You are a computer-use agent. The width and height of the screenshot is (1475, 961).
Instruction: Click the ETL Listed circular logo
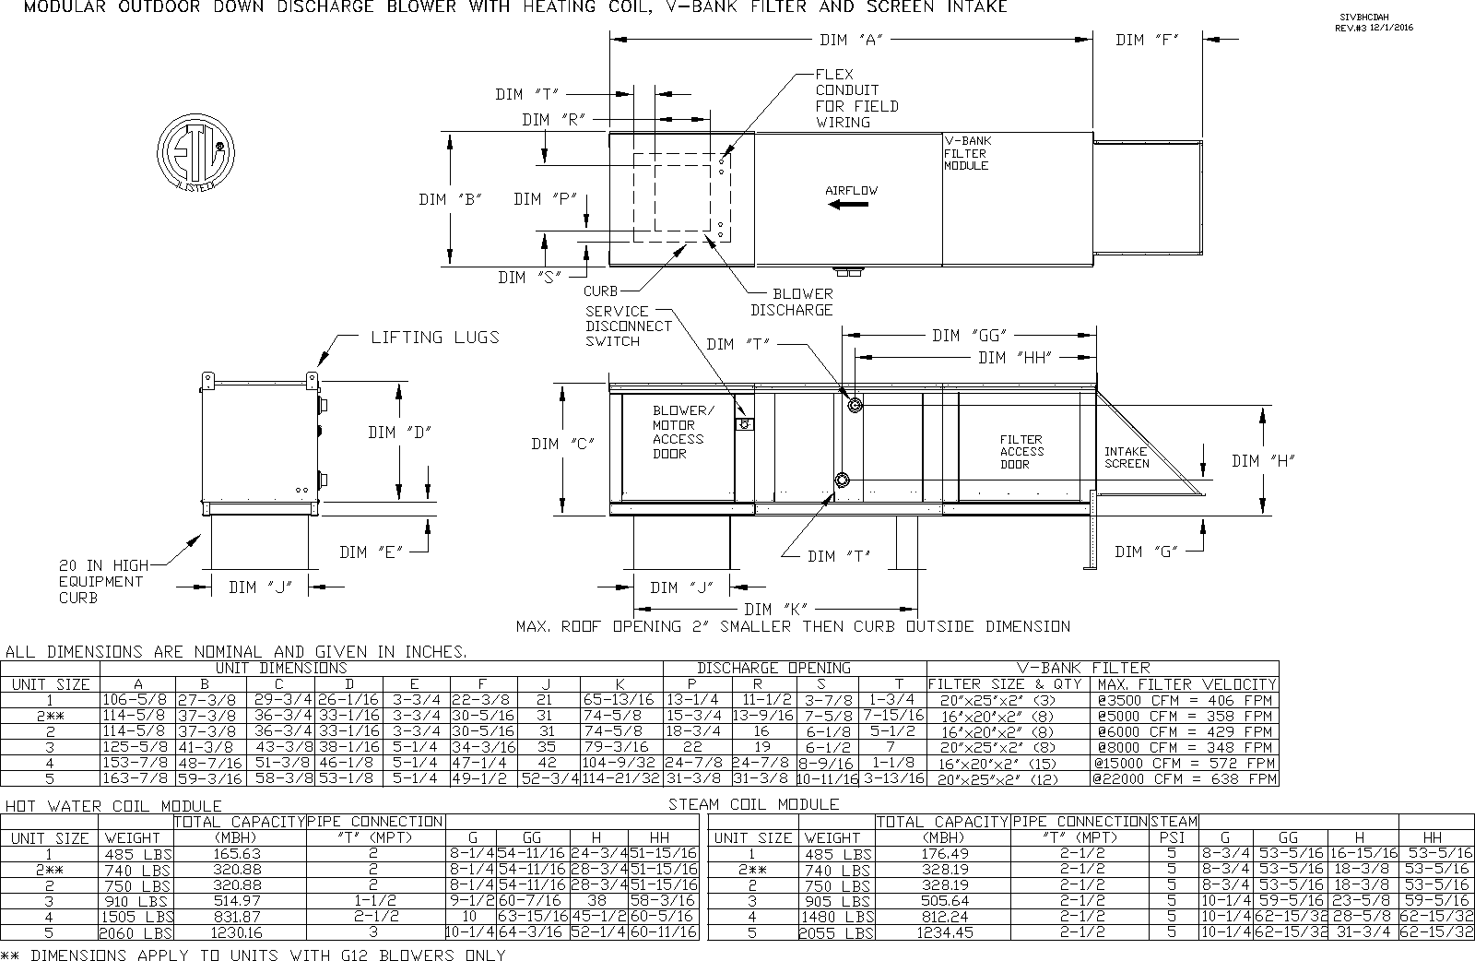click(x=195, y=152)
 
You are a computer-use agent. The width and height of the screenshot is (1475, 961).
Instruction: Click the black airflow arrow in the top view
click(x=848, y=205)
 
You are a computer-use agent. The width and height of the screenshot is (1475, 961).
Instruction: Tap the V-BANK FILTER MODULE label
click(x=967, y=153)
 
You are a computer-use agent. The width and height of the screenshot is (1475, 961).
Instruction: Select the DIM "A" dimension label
click(x=852, y=41)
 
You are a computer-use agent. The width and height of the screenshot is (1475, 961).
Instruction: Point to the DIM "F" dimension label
click(x=1147, y=41)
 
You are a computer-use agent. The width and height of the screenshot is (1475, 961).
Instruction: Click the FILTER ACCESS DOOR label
click(x=1021, y=452)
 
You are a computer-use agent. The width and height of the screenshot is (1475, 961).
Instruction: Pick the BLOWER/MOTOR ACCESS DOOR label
click(x=682, y=432)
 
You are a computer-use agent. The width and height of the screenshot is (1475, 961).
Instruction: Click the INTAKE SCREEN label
click(x=1127, y=457)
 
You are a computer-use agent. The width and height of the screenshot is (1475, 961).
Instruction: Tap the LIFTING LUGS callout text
click(x=434, y=338)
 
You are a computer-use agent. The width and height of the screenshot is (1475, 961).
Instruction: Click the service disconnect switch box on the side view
click(x=744, y=424)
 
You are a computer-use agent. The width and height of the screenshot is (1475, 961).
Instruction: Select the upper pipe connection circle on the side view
click(x=855, y=405)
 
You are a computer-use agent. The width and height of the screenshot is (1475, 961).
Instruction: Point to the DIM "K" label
click(x=776, y=609)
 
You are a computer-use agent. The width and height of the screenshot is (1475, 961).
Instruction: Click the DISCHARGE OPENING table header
click(x=773, y=668)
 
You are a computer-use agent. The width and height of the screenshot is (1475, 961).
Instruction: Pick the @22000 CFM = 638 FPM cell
click(x=1184, y=779)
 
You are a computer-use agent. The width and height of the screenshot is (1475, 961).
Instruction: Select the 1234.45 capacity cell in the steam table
click(x=941, y=932)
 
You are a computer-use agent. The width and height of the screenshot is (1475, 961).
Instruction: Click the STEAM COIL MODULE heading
click(x=753, y=804)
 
